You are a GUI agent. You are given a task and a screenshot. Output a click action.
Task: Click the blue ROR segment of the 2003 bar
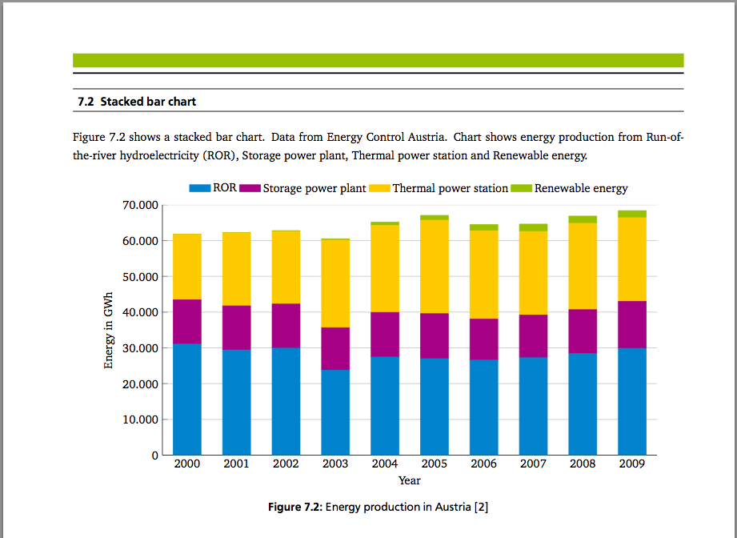[335, 412]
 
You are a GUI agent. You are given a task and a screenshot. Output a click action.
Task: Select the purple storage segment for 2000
[187, 322]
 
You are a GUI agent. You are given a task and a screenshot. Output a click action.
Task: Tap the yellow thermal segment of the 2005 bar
[435, 267]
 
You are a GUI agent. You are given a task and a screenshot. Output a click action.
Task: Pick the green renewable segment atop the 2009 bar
[632, 214]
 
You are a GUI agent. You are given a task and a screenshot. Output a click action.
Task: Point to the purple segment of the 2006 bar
[483, 339]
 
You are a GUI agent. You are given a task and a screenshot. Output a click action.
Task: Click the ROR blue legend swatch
[199, 189]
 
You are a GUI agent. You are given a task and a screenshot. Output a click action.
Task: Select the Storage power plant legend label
[314, 189]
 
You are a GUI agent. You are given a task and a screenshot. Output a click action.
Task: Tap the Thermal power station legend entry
[450, 189]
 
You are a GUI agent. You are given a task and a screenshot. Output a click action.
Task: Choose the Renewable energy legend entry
[581, 189]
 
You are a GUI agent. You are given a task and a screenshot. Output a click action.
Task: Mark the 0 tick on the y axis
[154, 456]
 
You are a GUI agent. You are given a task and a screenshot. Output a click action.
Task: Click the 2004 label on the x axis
[385, 464]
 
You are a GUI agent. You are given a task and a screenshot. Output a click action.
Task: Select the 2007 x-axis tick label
[533, 464]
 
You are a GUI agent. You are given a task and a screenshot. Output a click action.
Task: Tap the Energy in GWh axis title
[109, 331]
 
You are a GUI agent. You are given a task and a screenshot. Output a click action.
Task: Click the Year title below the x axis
[409, 480]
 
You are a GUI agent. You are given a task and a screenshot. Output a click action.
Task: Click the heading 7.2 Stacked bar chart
[137, 102]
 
